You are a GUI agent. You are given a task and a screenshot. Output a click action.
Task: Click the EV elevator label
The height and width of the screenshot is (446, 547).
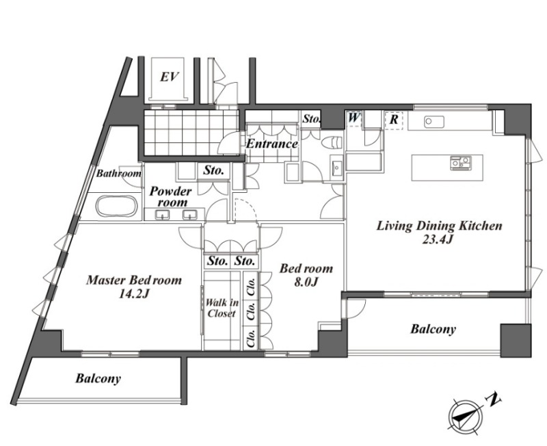[169, 77]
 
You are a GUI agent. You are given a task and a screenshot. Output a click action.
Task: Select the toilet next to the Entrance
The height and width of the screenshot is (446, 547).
[332, 143]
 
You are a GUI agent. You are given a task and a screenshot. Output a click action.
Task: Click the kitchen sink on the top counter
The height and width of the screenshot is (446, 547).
[434, 122]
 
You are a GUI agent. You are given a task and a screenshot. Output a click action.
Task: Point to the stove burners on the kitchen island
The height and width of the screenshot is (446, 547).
[460, 163]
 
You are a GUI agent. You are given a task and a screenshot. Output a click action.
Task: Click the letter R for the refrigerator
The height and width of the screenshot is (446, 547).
[394, 120]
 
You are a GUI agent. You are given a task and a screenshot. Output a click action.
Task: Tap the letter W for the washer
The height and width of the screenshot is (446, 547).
[353, 118]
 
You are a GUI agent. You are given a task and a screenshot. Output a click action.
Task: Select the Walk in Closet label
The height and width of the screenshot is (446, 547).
[221, 308]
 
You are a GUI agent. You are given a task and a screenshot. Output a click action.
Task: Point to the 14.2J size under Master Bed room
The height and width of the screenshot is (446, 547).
[134, 294]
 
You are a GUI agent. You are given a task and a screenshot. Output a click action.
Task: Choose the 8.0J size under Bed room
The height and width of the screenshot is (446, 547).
[306, 282]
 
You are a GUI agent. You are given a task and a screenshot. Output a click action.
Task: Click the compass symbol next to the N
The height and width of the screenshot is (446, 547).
[465, 415]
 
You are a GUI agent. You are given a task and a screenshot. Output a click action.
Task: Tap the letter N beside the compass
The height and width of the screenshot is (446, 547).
[493, 400]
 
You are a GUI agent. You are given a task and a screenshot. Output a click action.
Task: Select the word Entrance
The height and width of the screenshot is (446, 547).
[272, 144]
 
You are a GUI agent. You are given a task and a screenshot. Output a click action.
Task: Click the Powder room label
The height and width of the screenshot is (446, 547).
[171, 196]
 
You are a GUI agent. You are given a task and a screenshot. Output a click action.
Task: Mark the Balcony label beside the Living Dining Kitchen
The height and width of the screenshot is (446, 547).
[433, 329]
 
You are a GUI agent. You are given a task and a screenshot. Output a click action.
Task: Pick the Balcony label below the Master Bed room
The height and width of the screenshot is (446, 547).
[98, 378]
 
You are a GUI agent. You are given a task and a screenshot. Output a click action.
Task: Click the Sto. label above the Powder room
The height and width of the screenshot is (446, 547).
[213, 170]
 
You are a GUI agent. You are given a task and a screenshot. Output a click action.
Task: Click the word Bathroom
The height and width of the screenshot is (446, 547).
[118, 173]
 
